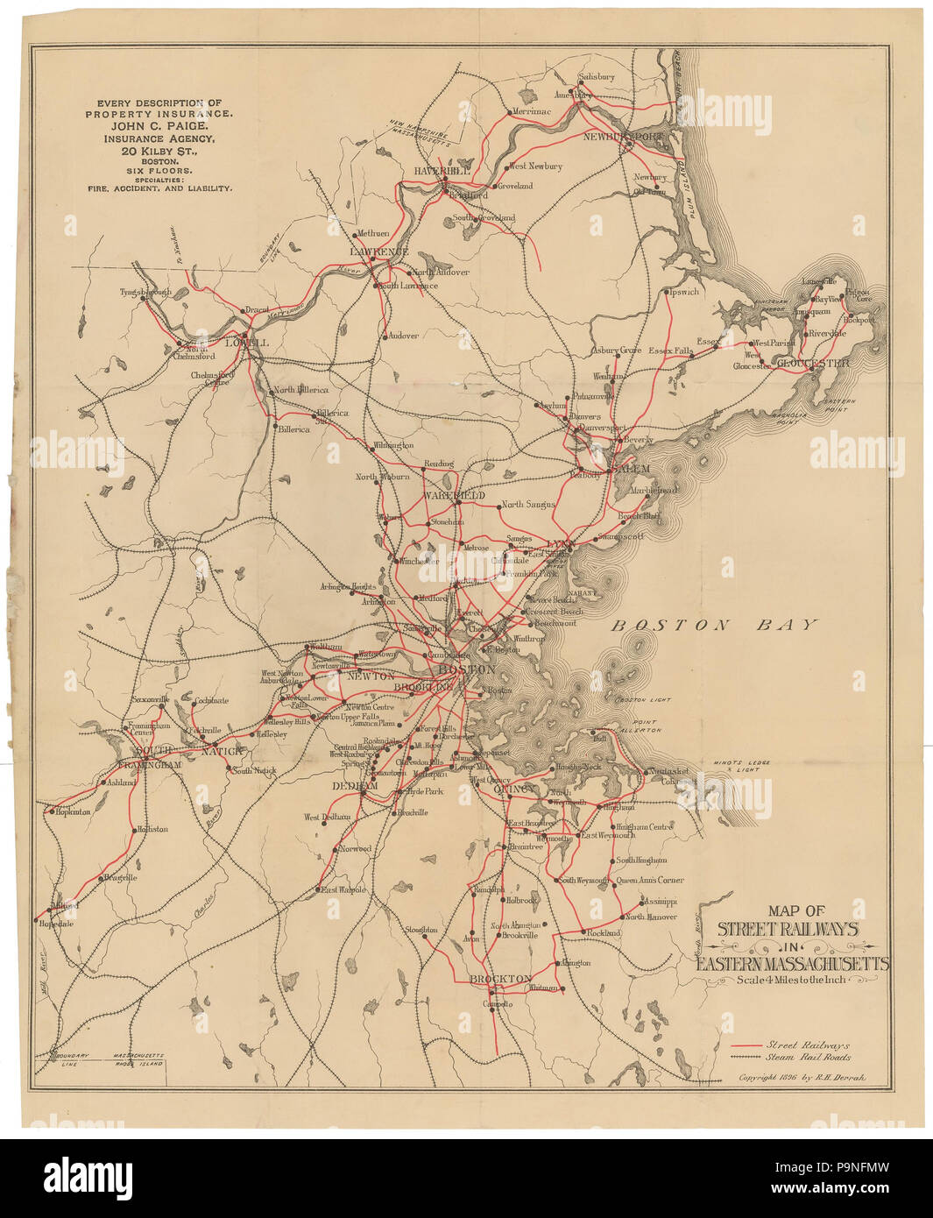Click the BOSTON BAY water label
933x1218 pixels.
tap(713, 625)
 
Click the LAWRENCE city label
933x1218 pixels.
tap(379, 251)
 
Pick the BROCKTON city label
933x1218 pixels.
tap(500, 979)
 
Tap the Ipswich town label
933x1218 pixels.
tap(683, 292)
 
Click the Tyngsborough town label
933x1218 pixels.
tap(145, 292)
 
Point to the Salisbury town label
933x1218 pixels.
tap(597, 77)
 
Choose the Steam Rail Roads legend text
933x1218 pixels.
tap(808, 1058)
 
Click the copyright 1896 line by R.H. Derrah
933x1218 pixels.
tap(801, 1078)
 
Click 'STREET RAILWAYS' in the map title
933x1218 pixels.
tap(788, 929)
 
